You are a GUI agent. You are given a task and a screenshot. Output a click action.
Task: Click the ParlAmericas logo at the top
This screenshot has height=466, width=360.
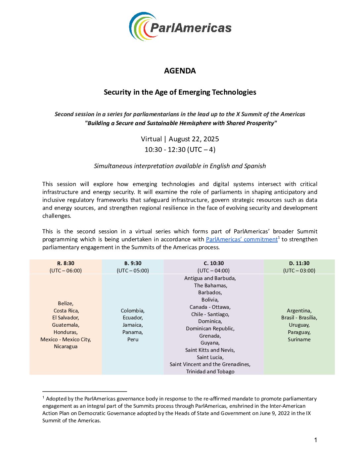[180, 27]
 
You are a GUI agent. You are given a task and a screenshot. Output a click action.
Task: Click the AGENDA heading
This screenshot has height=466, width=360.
[180, 71]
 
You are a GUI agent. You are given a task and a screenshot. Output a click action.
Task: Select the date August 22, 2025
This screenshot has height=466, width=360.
[194, 139]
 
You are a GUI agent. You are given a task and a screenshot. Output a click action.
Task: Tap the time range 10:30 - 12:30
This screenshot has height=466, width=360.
[165, 150]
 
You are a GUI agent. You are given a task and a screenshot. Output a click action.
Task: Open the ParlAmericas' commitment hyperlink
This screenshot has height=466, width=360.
[242, 239]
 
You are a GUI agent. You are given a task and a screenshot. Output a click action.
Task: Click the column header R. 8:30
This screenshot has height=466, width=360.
[66, 263]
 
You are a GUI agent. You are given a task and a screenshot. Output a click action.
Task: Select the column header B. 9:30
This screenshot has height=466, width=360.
[133, 263]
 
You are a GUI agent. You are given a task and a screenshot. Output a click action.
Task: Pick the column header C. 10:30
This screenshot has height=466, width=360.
[213, 263]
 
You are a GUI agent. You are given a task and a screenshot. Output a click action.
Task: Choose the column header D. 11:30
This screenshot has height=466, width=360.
[299, 263]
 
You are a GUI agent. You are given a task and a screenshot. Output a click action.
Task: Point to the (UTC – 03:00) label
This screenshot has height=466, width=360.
[299, 270]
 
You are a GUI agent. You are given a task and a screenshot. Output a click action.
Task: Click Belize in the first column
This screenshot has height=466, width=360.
[66, 303]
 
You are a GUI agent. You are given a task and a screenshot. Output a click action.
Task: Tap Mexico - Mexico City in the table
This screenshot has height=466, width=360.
[66, 340]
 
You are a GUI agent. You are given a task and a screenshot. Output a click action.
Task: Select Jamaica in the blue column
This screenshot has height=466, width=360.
[133, 325]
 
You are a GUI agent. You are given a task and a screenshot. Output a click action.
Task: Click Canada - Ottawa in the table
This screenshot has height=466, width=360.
[210, 307]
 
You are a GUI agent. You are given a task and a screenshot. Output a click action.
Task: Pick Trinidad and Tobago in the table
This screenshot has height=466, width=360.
[210, 372]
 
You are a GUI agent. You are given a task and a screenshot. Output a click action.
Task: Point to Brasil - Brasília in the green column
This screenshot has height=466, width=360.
[299, 318]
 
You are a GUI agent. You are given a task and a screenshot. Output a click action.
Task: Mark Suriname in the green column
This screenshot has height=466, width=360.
[299, 340]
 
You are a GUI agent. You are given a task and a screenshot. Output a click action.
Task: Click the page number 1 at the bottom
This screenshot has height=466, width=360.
[316, 440]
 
